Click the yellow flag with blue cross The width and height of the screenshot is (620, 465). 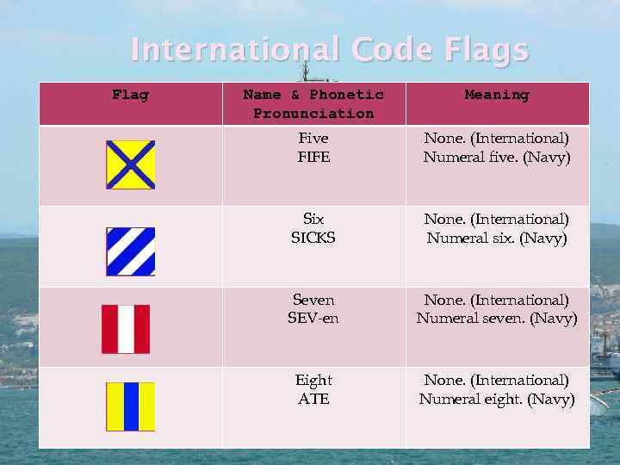click(x=130, y=164)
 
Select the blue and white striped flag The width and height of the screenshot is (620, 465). click(x=130, y=251)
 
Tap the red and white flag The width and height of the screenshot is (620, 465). click(x=126, y=329)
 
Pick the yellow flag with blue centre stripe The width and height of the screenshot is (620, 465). click(x=130, y=406)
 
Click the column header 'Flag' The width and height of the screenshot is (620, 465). click(x=130, y=95)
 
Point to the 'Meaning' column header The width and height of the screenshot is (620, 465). click(x=497, y=95)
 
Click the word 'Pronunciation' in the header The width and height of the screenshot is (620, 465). click(x=313, y=114)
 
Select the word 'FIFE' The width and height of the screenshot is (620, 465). click(x=313, y=158)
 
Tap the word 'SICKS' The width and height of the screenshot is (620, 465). click(x=313, y=239)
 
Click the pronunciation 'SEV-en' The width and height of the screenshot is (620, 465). click(x=313, y=319)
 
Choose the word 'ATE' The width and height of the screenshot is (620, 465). click(x=313, y=400)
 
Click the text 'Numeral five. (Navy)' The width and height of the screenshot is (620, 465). click(x=497, y=158)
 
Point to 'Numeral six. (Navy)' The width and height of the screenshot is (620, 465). click(x=497, y=239)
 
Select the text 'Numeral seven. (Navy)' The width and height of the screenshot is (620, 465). click(x=497, y=319)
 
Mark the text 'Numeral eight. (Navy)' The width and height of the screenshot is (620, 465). click(x=497, y=400)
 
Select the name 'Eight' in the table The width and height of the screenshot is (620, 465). click(x=313, y=380)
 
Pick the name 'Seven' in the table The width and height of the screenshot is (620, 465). click(x=313, y=300)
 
